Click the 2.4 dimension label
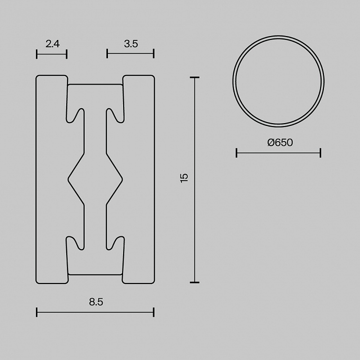(x=53, y=44)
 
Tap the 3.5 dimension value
(x=131, y=44)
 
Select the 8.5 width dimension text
(x=96, y=302)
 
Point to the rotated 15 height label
(x=184, y=178)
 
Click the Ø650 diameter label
(x=280, y=143)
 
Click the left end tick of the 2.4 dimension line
(x=37, y=54)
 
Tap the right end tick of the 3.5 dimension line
(x=154, y=54)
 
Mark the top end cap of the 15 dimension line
(x=195, y=78)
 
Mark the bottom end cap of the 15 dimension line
(x=195, y=282)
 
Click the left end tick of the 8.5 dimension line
(x=37, y=312)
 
